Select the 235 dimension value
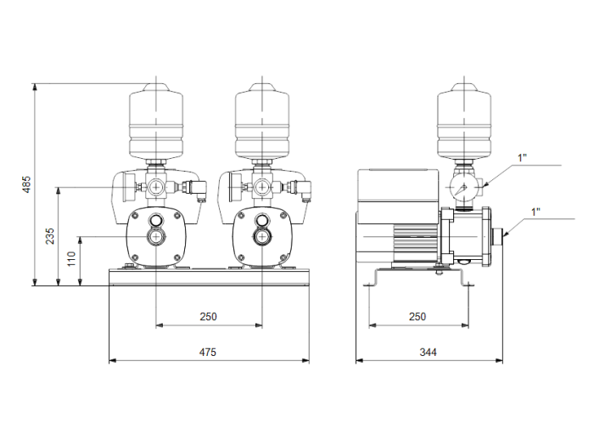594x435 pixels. (50, 235)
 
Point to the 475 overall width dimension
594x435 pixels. (208, 351)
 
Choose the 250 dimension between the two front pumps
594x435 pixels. (208, 316)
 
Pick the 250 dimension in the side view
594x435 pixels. (417, 316)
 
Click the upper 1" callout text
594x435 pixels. (521, 157)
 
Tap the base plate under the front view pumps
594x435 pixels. (208, 277)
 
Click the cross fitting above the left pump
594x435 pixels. (157, 187)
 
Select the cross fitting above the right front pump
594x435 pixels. (262, 187)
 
